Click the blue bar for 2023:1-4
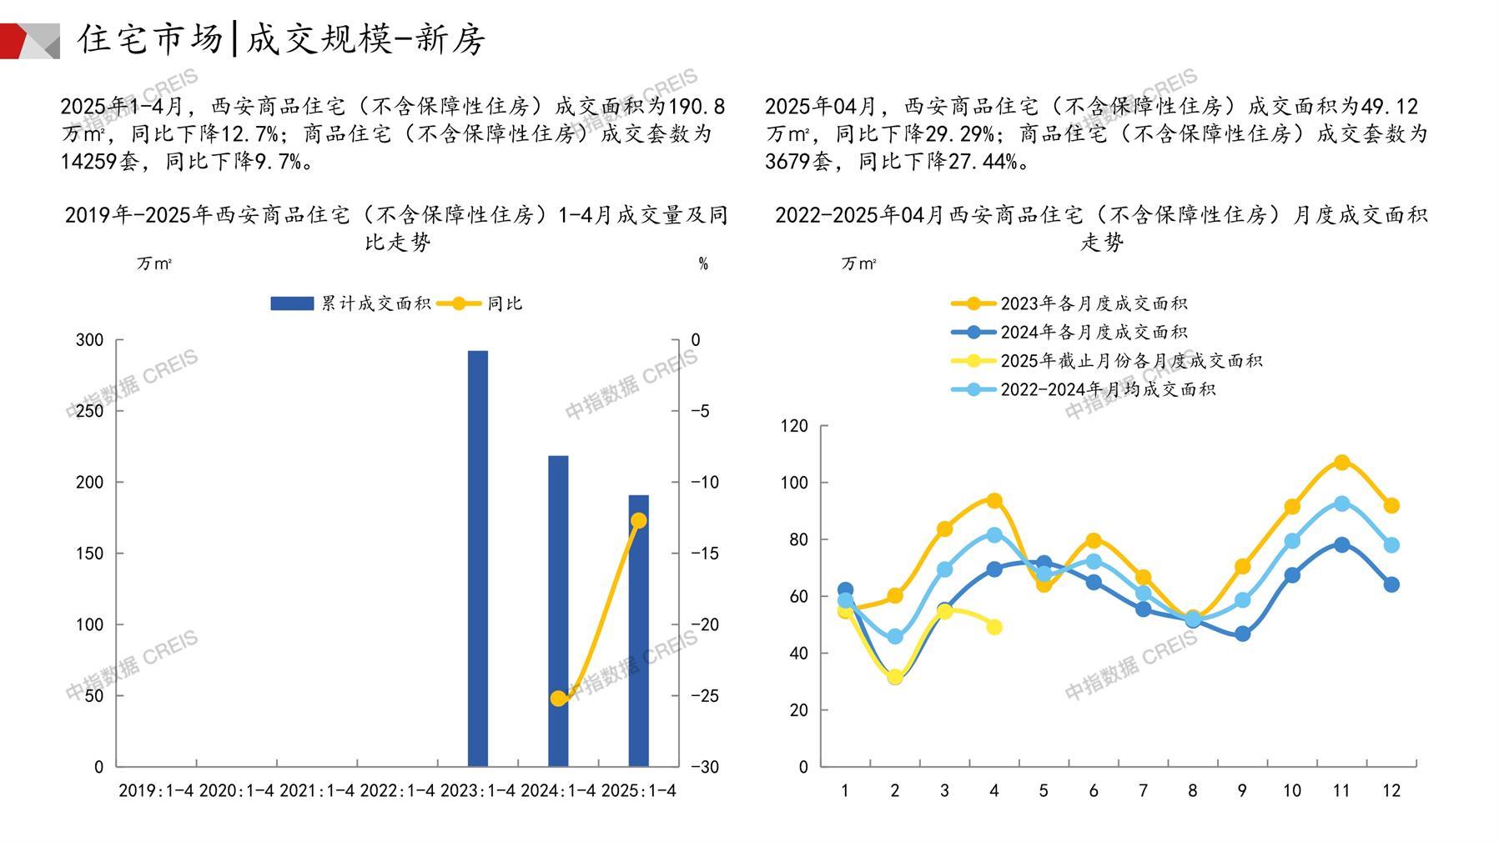coord(477,558)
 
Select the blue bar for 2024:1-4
coord(558,610)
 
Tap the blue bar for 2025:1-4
coord(638,630)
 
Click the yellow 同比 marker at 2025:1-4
coord(638,521)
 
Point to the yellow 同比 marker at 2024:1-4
coord(558,699)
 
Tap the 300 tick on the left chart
coord(90,340)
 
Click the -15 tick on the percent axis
coord(704,554)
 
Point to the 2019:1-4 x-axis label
coord(156,790)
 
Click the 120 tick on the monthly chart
coord(794,426)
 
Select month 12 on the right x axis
coord(1391,790)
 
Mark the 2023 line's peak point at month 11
coord(1341,462)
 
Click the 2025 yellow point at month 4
coord(994,627)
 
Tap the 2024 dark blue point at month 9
coord(1242,634)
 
